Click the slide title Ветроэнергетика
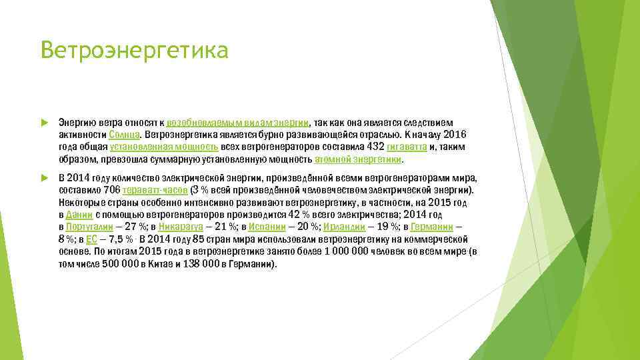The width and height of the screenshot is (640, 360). point(134,51)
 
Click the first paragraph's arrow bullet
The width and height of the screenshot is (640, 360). point(44,123)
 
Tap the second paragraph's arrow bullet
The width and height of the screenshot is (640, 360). point(44,178)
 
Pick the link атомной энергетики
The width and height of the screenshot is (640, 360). point(359,159)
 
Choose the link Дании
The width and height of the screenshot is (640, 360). point(79,215)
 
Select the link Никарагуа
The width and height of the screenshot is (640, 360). point(181,227)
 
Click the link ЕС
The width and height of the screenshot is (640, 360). point(92,239)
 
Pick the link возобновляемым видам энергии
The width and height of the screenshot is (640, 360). point(237,123)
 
